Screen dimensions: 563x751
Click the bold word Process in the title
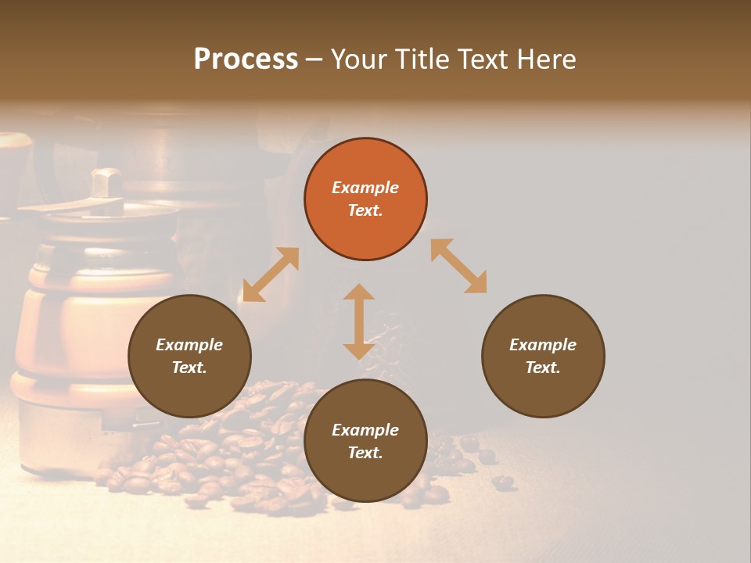tap(246, 59)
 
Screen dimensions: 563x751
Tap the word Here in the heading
tap(546, 59)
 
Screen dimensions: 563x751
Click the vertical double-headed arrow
tap(359, 321)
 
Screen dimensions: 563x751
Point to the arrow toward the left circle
tap(271, 274)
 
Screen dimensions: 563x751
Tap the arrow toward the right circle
tap(459, 267)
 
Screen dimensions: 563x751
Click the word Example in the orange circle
tap(365, 188)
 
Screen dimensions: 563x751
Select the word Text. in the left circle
tap(189, 368)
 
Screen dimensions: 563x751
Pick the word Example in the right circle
tap(543, 345)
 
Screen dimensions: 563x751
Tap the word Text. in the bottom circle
tap(365, 453)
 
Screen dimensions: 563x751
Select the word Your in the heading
tap(358, 59)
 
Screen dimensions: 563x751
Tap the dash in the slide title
tap(314, 60)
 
